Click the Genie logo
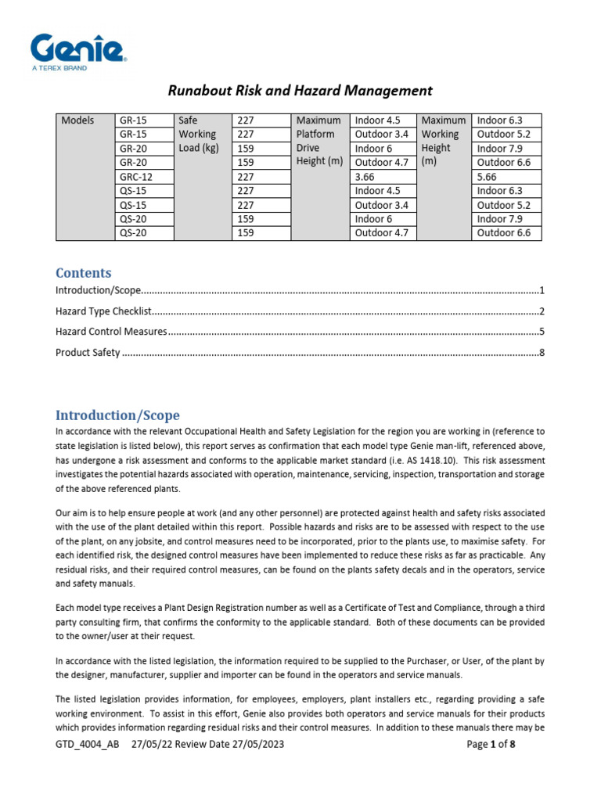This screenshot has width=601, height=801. point(78,48)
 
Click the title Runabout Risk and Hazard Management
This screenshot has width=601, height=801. point(300,91)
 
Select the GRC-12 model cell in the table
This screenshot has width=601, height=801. point(136,177)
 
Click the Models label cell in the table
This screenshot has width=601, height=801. point(77,120)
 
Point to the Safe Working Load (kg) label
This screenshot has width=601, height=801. point(199,135)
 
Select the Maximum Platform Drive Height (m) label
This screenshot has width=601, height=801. point(318,141)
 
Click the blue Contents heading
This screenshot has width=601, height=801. point(83,273)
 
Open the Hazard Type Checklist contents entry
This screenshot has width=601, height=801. point(103,311)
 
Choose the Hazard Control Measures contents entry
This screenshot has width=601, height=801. point(111,332)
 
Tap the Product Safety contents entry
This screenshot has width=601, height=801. point(88,353)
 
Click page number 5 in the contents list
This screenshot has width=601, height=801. point(542,332)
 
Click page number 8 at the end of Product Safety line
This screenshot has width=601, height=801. point(542,353)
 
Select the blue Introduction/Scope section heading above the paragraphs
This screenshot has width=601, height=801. point(117,415)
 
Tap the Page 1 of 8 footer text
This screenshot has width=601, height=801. point(491,745)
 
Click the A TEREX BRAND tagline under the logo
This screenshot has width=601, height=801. point(59,69)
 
